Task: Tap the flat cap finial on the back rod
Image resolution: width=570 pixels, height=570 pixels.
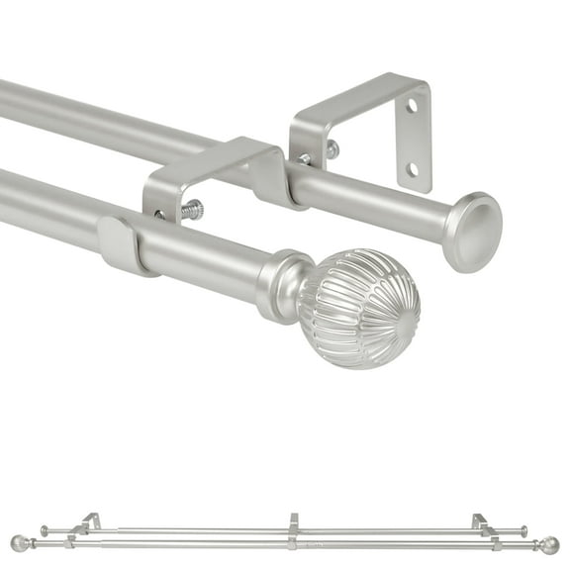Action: pyautogui.click(x=472, y=232)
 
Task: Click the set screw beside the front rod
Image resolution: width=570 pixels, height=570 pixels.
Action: pyautogui.click(x=191, y=210)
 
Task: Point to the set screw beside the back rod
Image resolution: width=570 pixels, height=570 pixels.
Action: pyautogui.click(x=331, y=149)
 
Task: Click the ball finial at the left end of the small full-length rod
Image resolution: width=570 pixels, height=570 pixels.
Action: pyautogui.click(x=19, y=543)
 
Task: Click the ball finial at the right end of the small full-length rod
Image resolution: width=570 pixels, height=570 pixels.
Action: pyautogui.click(x=549, y=545)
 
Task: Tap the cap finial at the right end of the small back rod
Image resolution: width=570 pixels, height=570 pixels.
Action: pyautogui.click(x=523, y=531)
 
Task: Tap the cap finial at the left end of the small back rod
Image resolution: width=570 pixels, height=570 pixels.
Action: pyautogui.click(x=45, y=530)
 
